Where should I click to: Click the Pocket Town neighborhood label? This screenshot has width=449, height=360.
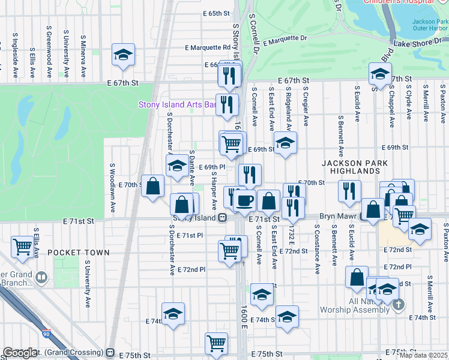[x=79, y=253]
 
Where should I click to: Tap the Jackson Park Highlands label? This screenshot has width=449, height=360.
[x=354, y=167]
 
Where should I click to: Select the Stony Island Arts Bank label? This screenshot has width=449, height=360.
[x=177, y=104]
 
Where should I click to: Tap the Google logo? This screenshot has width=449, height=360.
[x=20, y=353]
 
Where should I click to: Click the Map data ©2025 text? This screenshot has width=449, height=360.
[x=423, y=355]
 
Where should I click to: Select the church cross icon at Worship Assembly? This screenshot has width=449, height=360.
[x=397, y=306]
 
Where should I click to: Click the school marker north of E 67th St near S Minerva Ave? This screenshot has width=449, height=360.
[x=122, y=55]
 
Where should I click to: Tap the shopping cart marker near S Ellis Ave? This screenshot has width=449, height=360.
[x=23, y=246]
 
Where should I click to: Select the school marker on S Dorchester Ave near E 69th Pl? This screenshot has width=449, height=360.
[x=177, y=166]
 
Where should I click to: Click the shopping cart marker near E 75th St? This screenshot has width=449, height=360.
[x=216, y=343]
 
